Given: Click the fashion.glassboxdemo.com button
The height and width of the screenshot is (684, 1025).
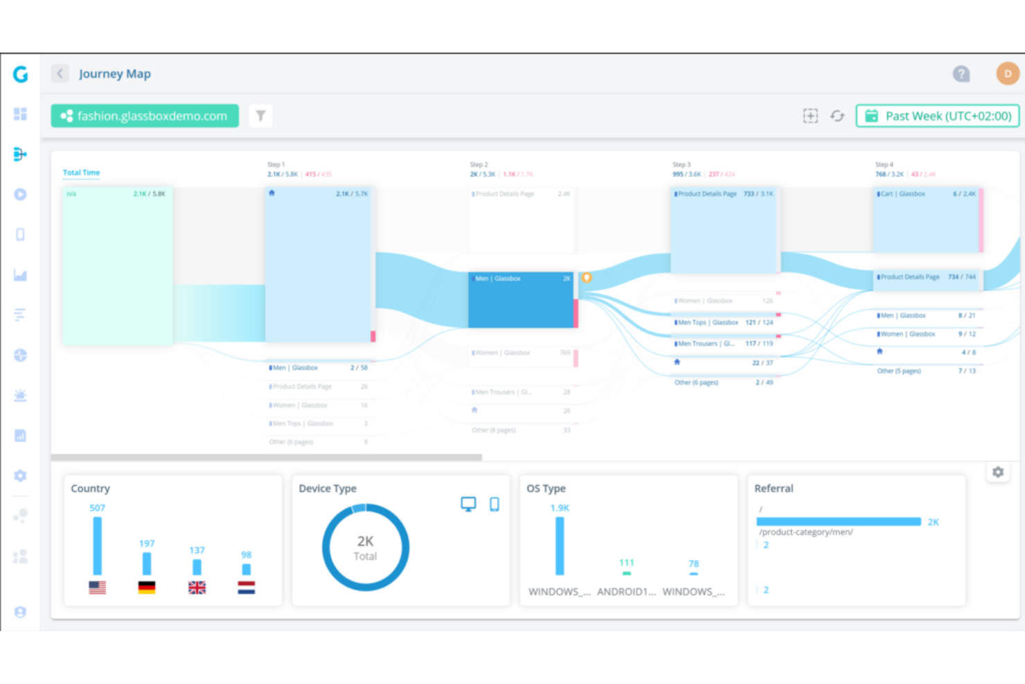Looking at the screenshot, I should tap(145, 116).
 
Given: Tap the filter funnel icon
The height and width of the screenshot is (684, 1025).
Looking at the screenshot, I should tap(260, 116).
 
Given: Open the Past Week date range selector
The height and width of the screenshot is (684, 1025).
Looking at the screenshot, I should tap(938, 116).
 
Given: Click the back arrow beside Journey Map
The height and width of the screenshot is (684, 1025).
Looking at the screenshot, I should tap(60, 73).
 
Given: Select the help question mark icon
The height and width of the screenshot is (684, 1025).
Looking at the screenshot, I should tap(961, 73).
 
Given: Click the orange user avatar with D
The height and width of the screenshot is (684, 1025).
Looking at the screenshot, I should tap(1007, 73).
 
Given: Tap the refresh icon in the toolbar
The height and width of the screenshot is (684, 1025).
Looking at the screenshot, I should tap(837, 116).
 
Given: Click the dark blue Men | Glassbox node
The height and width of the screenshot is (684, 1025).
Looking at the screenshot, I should tap(521, 299).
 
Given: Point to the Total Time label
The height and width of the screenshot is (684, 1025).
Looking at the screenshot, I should tap(82, 173).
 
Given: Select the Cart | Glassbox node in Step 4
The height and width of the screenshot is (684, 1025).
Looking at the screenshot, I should tap(926, 220).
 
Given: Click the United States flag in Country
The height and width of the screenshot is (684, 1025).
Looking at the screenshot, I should tap(98, 588).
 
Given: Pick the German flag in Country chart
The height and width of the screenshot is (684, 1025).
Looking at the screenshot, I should tap(147, 588).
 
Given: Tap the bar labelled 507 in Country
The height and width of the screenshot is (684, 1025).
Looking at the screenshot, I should tap(98, 545).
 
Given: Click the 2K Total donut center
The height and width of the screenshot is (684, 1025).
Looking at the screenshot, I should tap(366, 547).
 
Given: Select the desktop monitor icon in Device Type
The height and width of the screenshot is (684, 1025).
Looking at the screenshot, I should tap(468, 505).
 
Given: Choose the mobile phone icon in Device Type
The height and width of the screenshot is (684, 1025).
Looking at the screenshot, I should tap(494, 505).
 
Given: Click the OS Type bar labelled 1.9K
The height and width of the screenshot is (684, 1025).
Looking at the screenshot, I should tap(560, 545).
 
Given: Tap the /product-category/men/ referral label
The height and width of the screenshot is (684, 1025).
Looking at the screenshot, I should tap(806, 532).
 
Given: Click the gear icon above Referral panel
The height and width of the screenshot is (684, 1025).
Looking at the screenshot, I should tap(998, 472).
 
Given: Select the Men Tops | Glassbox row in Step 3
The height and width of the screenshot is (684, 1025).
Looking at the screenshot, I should tap(723, 323).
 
